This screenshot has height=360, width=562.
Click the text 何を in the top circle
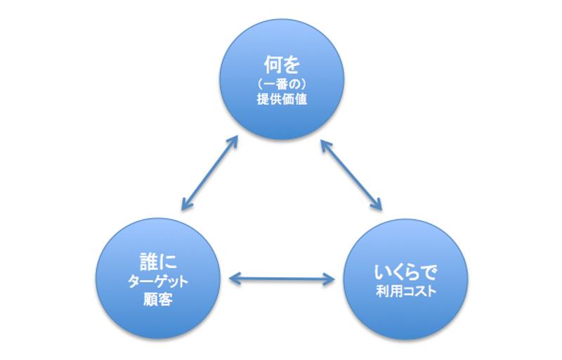tap(282, 67)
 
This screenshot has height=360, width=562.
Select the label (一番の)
tap(282, 84)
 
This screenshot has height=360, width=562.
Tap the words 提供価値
tap(282, 100)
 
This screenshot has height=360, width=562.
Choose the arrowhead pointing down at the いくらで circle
tap(377, 206)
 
